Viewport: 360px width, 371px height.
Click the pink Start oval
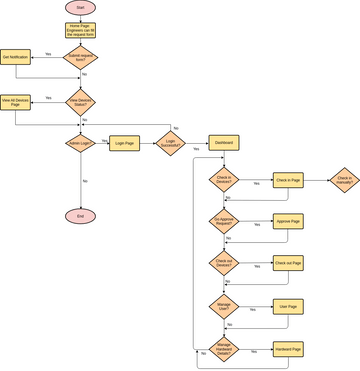pos(81,8)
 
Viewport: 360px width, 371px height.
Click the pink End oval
pos(81,216)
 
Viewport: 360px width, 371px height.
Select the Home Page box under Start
pos(81,30)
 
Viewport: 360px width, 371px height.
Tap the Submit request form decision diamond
pos(81,57)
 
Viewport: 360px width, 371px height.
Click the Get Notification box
pos(17,57)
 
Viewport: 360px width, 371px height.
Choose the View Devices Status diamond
pos(81,102)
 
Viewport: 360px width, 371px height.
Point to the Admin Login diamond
pos(81,143)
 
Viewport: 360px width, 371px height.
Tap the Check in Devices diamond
pos(224,179)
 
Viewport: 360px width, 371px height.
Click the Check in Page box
pos(287,179)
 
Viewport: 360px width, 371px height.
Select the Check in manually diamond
pos(345,179)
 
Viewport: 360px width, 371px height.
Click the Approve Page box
pos(287,221)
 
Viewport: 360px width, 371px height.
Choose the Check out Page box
pos(287,263)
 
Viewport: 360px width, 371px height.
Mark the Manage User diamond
pos(224,306)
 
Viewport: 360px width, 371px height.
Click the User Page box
pos(287,306)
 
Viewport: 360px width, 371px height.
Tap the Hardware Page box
pos(287,349)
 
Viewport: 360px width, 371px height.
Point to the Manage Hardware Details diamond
pos(224,349)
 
